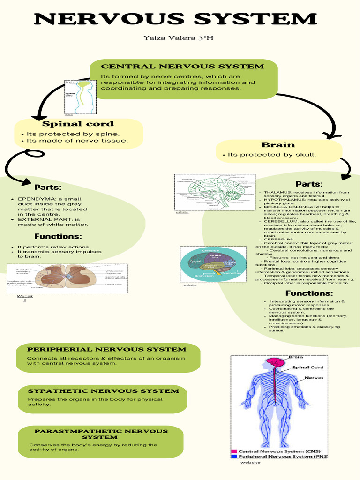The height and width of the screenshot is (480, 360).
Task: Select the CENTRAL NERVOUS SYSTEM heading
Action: tap(182, 67)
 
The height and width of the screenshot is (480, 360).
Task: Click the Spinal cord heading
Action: tap(78, 124)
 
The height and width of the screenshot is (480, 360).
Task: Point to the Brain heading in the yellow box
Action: tap(278, 145)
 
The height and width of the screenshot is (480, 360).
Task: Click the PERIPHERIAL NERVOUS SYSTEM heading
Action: tap(106, 349)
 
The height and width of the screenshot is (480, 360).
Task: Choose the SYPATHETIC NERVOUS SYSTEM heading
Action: tap(103, 391)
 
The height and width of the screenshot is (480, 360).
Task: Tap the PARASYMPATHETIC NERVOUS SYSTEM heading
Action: tap(101, 434)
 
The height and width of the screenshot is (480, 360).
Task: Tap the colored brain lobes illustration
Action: tap(213, 263)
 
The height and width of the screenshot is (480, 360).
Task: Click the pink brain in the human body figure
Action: tap(275, 363)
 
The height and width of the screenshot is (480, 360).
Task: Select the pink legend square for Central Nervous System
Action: tap(234, 451)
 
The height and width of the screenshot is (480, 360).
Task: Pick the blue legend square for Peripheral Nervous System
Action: tap(234, 456)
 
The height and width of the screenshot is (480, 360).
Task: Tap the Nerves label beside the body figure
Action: tap(314, 377)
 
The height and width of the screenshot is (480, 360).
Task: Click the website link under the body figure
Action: tap(250, 463)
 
